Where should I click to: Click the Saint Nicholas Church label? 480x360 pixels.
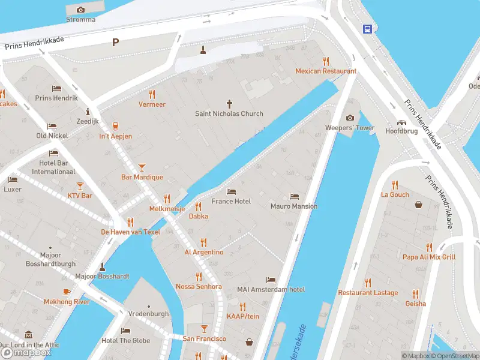229,113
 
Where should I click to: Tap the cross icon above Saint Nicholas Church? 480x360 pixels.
229,103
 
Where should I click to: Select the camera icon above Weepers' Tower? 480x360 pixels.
350,118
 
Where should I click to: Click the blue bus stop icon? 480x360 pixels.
367,28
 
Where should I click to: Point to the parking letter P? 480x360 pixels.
115,42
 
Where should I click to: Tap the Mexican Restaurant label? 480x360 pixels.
326,71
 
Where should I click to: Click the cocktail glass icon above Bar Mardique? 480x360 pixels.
142,167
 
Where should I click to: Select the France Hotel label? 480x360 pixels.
231,201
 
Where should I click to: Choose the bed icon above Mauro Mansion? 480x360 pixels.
293,196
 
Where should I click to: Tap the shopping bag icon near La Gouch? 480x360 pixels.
419,204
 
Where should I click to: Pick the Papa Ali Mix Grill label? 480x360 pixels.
429,257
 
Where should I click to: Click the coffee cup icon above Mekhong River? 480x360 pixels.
66,292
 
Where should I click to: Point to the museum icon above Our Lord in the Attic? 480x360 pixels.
28,335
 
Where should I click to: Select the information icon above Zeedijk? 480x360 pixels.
88,111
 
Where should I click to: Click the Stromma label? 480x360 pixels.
80,19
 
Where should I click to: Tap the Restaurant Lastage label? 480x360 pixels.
368,293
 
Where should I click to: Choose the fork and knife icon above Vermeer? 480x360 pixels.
152,94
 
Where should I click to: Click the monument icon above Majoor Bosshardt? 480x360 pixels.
102,266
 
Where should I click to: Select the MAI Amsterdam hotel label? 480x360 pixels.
271,289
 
